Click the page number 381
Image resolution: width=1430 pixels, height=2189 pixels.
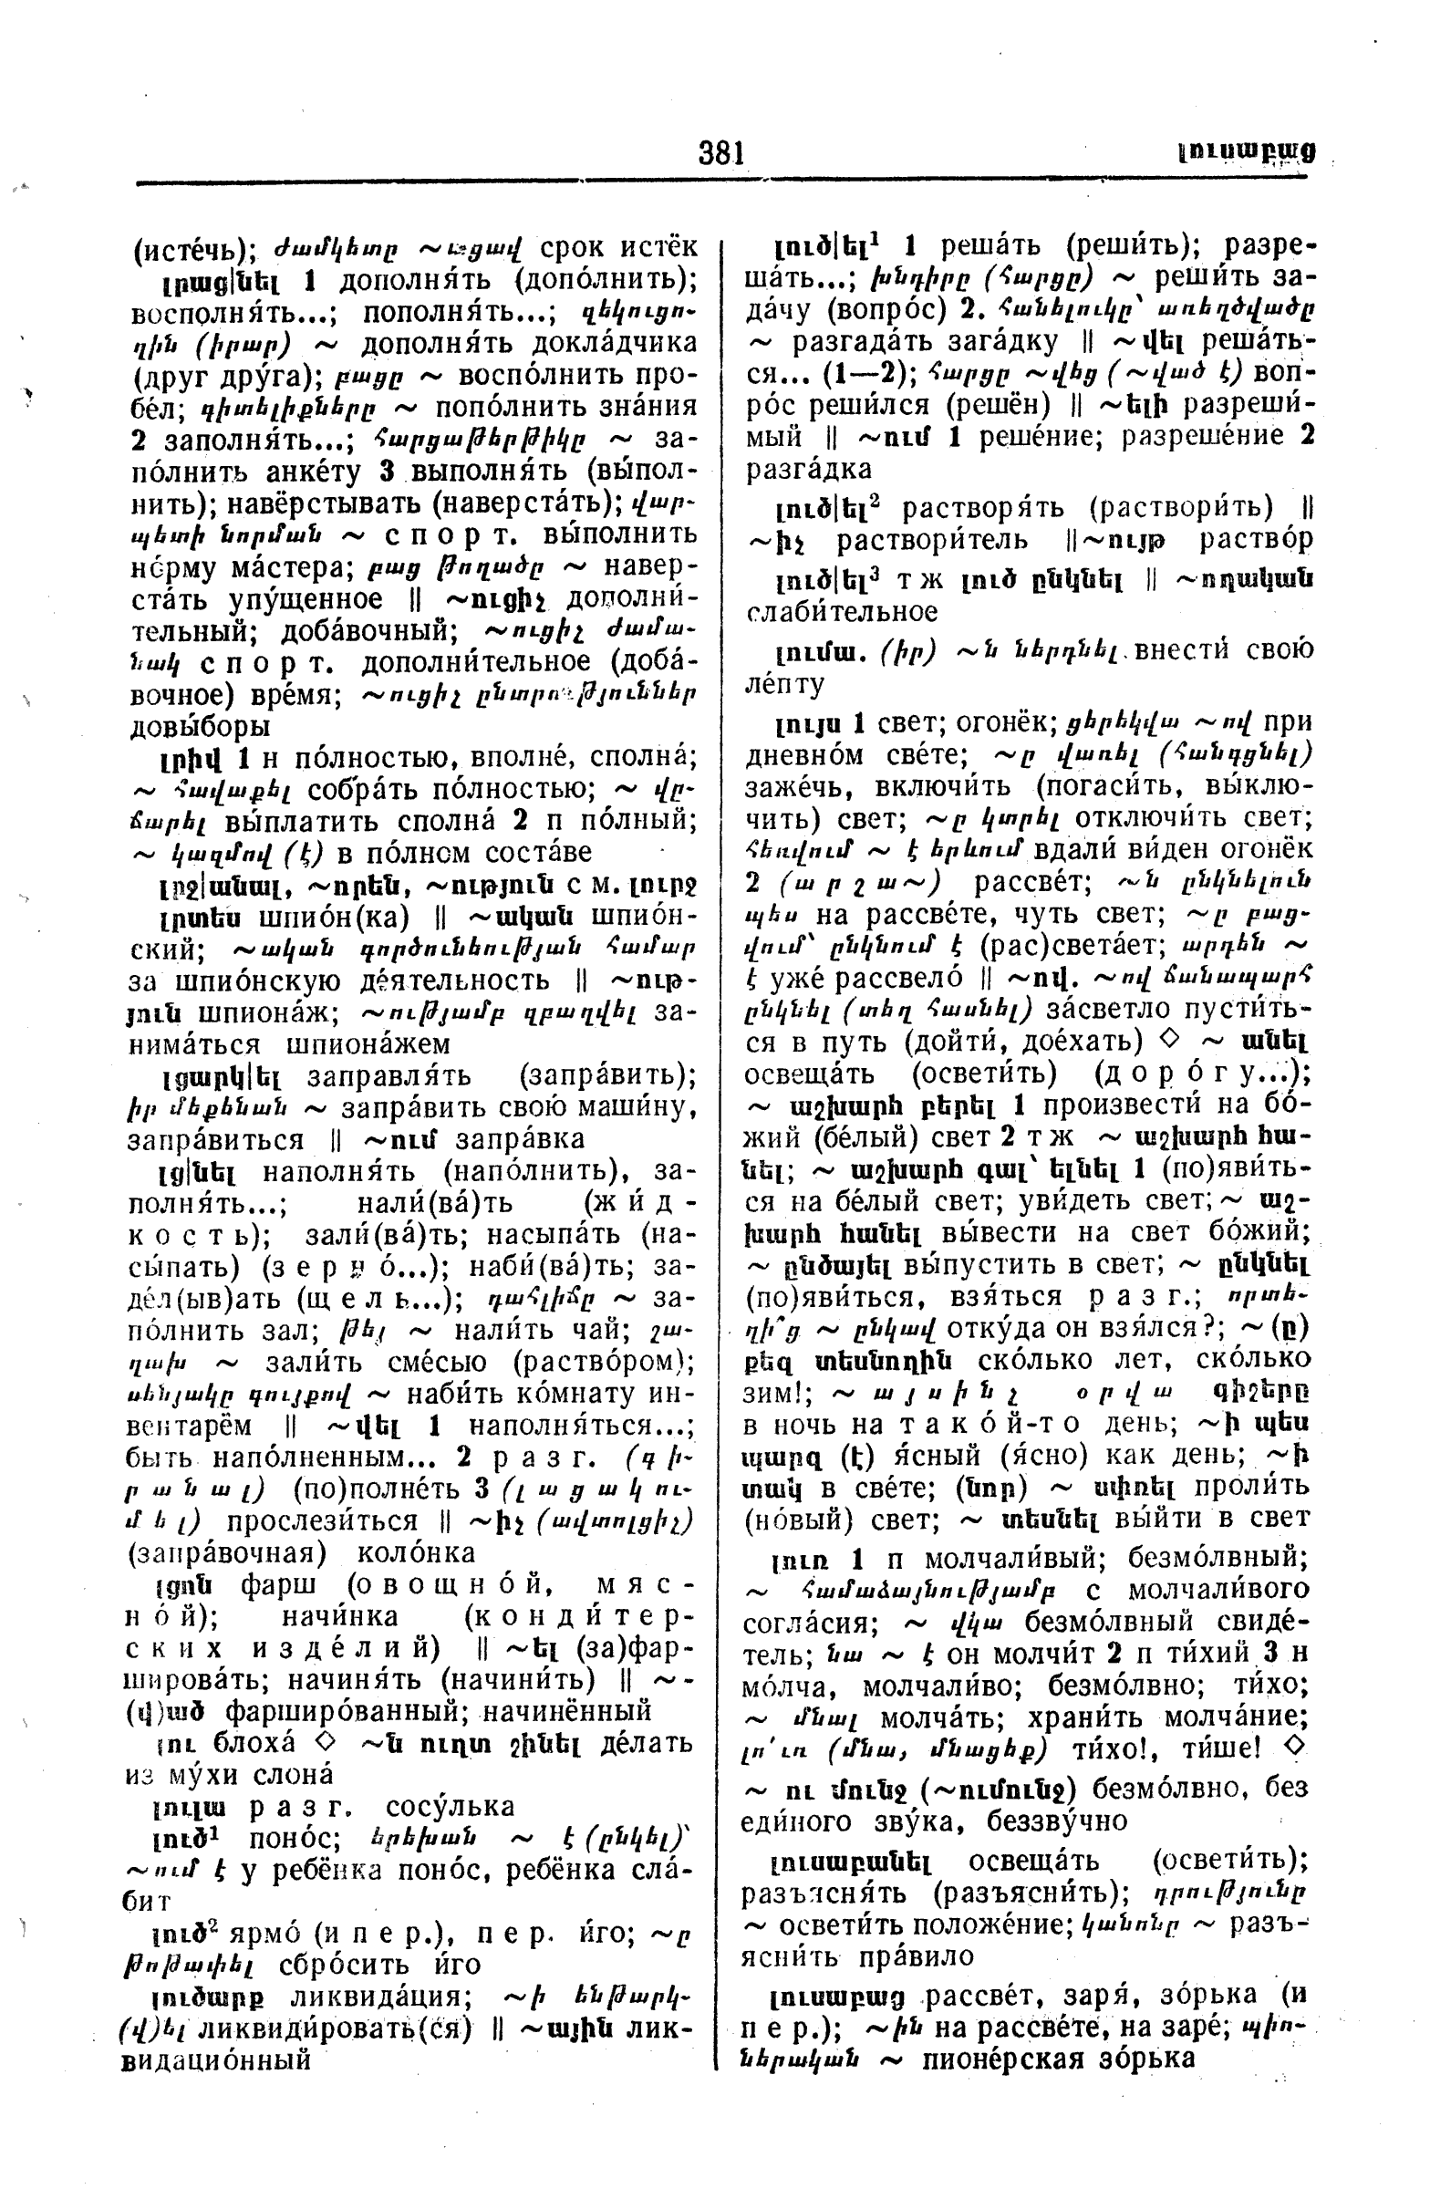721,151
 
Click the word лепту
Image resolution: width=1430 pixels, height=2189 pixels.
783,684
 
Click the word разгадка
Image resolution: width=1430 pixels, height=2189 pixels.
808,469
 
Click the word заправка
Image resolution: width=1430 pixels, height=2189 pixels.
519,1138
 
